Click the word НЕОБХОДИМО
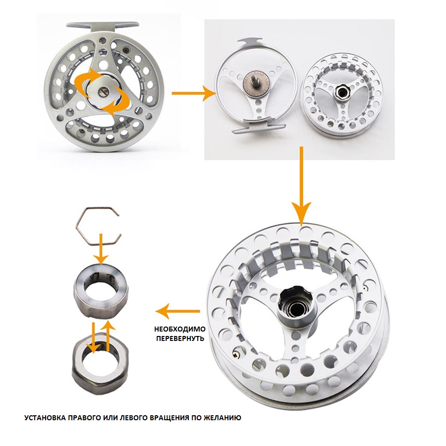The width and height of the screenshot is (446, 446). pos(180,330)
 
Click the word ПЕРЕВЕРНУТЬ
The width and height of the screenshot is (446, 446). pos(180,339)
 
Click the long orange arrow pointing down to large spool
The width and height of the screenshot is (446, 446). pos(302,185)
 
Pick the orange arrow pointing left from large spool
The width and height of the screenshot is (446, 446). pos(178,311)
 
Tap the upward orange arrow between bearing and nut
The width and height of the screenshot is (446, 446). pos(109,335)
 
